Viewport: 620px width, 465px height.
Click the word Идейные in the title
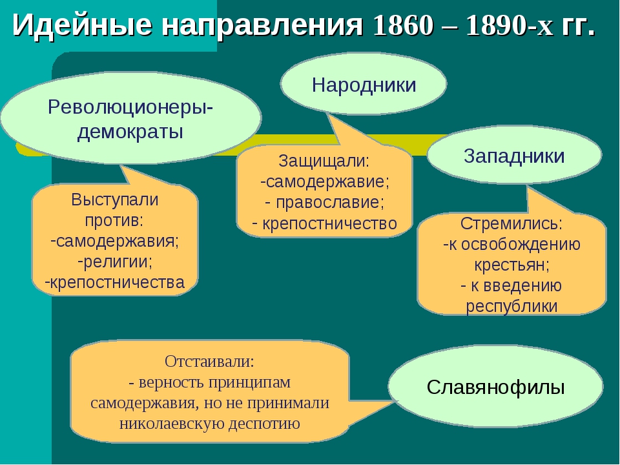82,25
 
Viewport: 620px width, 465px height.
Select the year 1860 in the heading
403,26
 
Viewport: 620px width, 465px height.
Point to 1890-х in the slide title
510,26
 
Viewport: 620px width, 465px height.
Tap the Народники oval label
364,84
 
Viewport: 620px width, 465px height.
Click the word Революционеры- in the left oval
130,107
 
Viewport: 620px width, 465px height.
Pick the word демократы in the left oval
130,132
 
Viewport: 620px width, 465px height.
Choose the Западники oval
514,155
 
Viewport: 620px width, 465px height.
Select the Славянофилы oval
495,386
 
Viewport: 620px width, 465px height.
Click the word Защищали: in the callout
324,161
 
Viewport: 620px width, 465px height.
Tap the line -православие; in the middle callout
325,202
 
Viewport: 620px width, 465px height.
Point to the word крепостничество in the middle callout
329,223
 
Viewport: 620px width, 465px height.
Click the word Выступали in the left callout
115,200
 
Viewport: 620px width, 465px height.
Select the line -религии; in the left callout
116,261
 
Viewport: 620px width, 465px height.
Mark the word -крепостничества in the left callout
115,282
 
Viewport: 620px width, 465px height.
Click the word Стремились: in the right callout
512,224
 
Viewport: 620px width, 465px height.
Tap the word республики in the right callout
512,306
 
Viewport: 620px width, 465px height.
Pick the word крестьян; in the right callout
512,265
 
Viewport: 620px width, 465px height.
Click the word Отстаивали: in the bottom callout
209,361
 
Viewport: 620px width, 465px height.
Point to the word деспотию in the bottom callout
264,424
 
